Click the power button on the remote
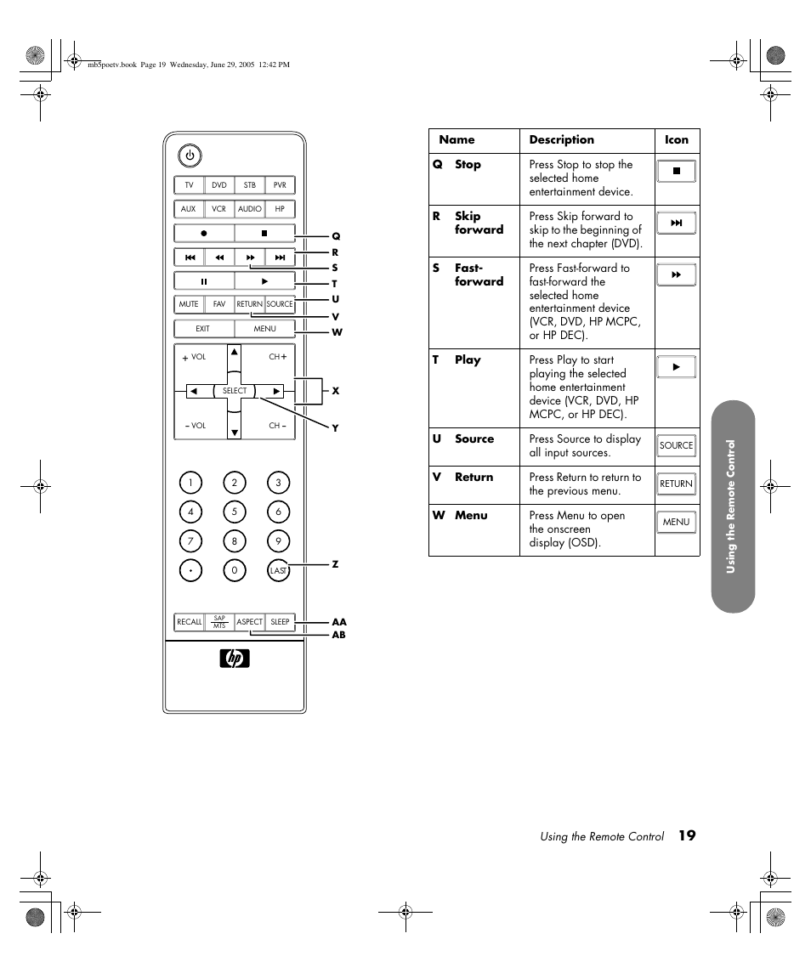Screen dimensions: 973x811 [190, 156]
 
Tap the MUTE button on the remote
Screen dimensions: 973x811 [189, 304]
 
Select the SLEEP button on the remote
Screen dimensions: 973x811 [280, 622]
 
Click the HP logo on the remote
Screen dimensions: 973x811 [235, 659]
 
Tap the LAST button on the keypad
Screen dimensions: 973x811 [278, 570]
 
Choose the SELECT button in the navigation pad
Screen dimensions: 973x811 [235, 391]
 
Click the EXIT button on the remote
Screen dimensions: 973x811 [203, 329]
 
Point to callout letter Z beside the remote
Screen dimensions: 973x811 [336, 564]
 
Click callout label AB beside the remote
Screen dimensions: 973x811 [338, 635]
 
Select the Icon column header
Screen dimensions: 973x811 [677, 140]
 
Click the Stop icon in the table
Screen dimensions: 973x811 [677, 171]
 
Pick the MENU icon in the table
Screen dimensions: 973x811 [677, 522]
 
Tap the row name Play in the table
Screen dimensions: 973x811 [468, 360]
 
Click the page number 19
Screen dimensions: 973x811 [687, 836]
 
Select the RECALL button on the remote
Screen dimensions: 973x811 [189, 622]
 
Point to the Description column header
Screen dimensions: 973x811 [562, 140]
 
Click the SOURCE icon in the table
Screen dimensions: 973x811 [677, 445]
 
